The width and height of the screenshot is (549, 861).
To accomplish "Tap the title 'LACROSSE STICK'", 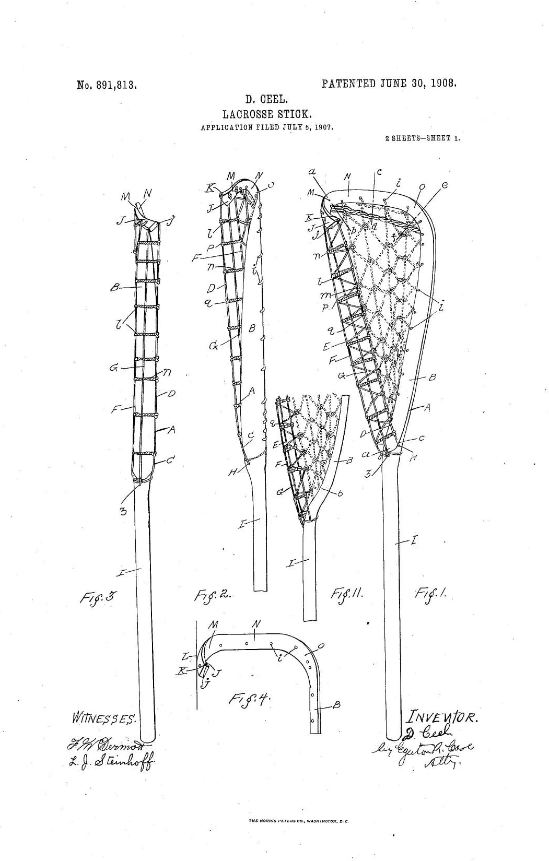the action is pos(267,113).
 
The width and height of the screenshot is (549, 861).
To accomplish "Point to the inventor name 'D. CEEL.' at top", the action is pos(267,99).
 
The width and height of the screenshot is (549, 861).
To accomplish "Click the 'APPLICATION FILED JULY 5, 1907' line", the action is pos(267,127).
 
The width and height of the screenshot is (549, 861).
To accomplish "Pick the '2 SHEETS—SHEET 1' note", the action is pos(422,139).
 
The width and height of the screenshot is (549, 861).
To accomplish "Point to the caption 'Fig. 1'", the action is pos(429,593).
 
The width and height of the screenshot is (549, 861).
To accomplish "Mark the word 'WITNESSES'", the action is pos(104,718).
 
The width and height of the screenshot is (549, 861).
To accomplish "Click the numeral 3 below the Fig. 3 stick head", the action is pos(123,511).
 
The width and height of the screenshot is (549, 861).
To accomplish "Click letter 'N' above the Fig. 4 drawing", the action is pos(255,623).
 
